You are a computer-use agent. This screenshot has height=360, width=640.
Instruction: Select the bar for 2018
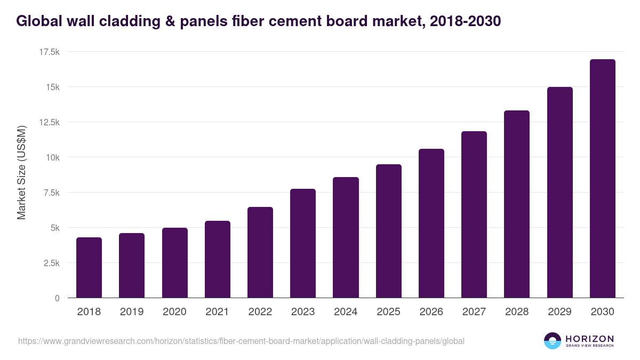tap(89, 267)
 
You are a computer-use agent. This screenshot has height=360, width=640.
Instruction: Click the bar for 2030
tap(602, 178)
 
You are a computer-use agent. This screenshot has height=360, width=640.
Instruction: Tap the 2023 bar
tap(303, 243)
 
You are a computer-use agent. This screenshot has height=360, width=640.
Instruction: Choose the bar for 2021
tap(218, 259)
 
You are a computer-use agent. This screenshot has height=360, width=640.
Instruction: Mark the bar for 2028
tap(517, 204)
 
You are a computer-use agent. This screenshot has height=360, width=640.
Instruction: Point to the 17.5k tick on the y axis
tap(49, 52)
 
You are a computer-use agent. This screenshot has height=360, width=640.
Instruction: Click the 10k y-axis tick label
tap(52, 157)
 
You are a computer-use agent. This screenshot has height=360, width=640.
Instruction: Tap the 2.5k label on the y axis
tap(51, 263)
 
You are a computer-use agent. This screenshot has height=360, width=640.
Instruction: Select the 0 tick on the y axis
tap(57, 298)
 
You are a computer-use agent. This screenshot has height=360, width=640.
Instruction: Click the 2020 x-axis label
tap(174, 312)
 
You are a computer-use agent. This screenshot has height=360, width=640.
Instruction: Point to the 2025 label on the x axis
tap(388, 312)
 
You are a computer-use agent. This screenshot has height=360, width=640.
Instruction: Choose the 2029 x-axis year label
tap(559, 312)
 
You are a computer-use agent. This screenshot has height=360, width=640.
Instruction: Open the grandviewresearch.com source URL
tap(241, 341)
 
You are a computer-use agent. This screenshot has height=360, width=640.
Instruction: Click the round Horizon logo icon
tap(552, 341)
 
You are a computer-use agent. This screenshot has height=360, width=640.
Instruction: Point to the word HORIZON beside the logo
tap(589, 338)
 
